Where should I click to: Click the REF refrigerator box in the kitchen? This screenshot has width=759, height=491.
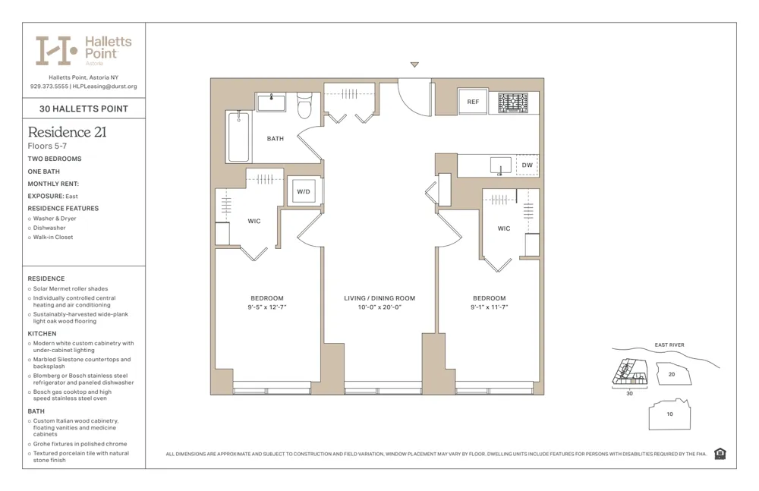pos(473,102)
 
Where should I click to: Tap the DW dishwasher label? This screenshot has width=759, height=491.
pos(527,165)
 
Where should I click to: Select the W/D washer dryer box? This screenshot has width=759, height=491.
pos(304,191)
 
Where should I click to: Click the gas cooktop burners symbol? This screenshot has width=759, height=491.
pos(513,102)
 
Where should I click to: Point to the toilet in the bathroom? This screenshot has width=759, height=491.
pos(304,105)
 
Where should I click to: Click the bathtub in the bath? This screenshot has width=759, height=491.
pos(239,137)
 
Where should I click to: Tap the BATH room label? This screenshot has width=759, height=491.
pos(275,139)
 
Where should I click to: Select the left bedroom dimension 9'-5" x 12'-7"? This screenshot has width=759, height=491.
pos(267,307)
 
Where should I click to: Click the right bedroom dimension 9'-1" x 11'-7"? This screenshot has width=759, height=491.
pos(489,307)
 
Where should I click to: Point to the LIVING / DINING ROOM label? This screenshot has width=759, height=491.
pos(379,298)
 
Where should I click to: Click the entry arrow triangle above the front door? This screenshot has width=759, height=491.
pos(414,65)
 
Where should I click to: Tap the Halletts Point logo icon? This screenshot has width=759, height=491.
pos(57,50)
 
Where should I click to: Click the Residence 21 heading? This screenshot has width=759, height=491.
pos(67,132)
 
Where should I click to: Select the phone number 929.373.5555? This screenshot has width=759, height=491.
pos(49,87)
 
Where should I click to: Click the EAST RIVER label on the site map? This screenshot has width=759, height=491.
pos(669,345)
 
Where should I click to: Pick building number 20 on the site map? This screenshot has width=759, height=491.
pos(671,374)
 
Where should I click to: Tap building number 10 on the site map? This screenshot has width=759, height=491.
pos(669,414)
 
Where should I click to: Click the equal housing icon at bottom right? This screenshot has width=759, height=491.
pos(720,454)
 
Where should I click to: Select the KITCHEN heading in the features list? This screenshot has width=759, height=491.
pos(42,334)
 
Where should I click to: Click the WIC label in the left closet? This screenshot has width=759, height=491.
pos(254,222)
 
